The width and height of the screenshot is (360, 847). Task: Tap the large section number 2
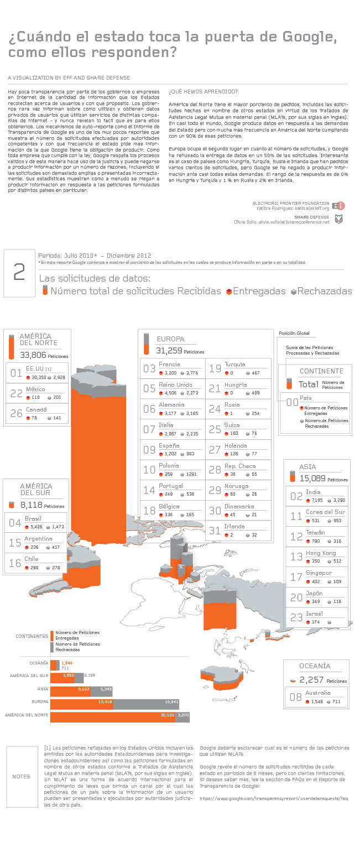point(19,272)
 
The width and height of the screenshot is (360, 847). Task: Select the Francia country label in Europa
point(169,364)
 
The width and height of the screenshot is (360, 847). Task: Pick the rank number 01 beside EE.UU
point(17,373)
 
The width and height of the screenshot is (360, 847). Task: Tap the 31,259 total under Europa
point(169,351)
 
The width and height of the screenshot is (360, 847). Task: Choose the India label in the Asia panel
point(313,492)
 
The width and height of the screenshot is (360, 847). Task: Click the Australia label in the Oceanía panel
point(318,693)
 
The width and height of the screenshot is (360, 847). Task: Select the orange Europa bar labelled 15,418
point(82,702)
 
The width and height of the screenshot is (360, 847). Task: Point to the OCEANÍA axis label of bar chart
point(38,662)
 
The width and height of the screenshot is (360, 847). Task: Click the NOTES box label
point(21,776)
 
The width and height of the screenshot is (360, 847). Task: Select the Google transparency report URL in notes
point(274,798)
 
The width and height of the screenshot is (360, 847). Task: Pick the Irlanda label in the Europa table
point(234,527)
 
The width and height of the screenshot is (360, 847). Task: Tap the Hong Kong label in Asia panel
point(321,553)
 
